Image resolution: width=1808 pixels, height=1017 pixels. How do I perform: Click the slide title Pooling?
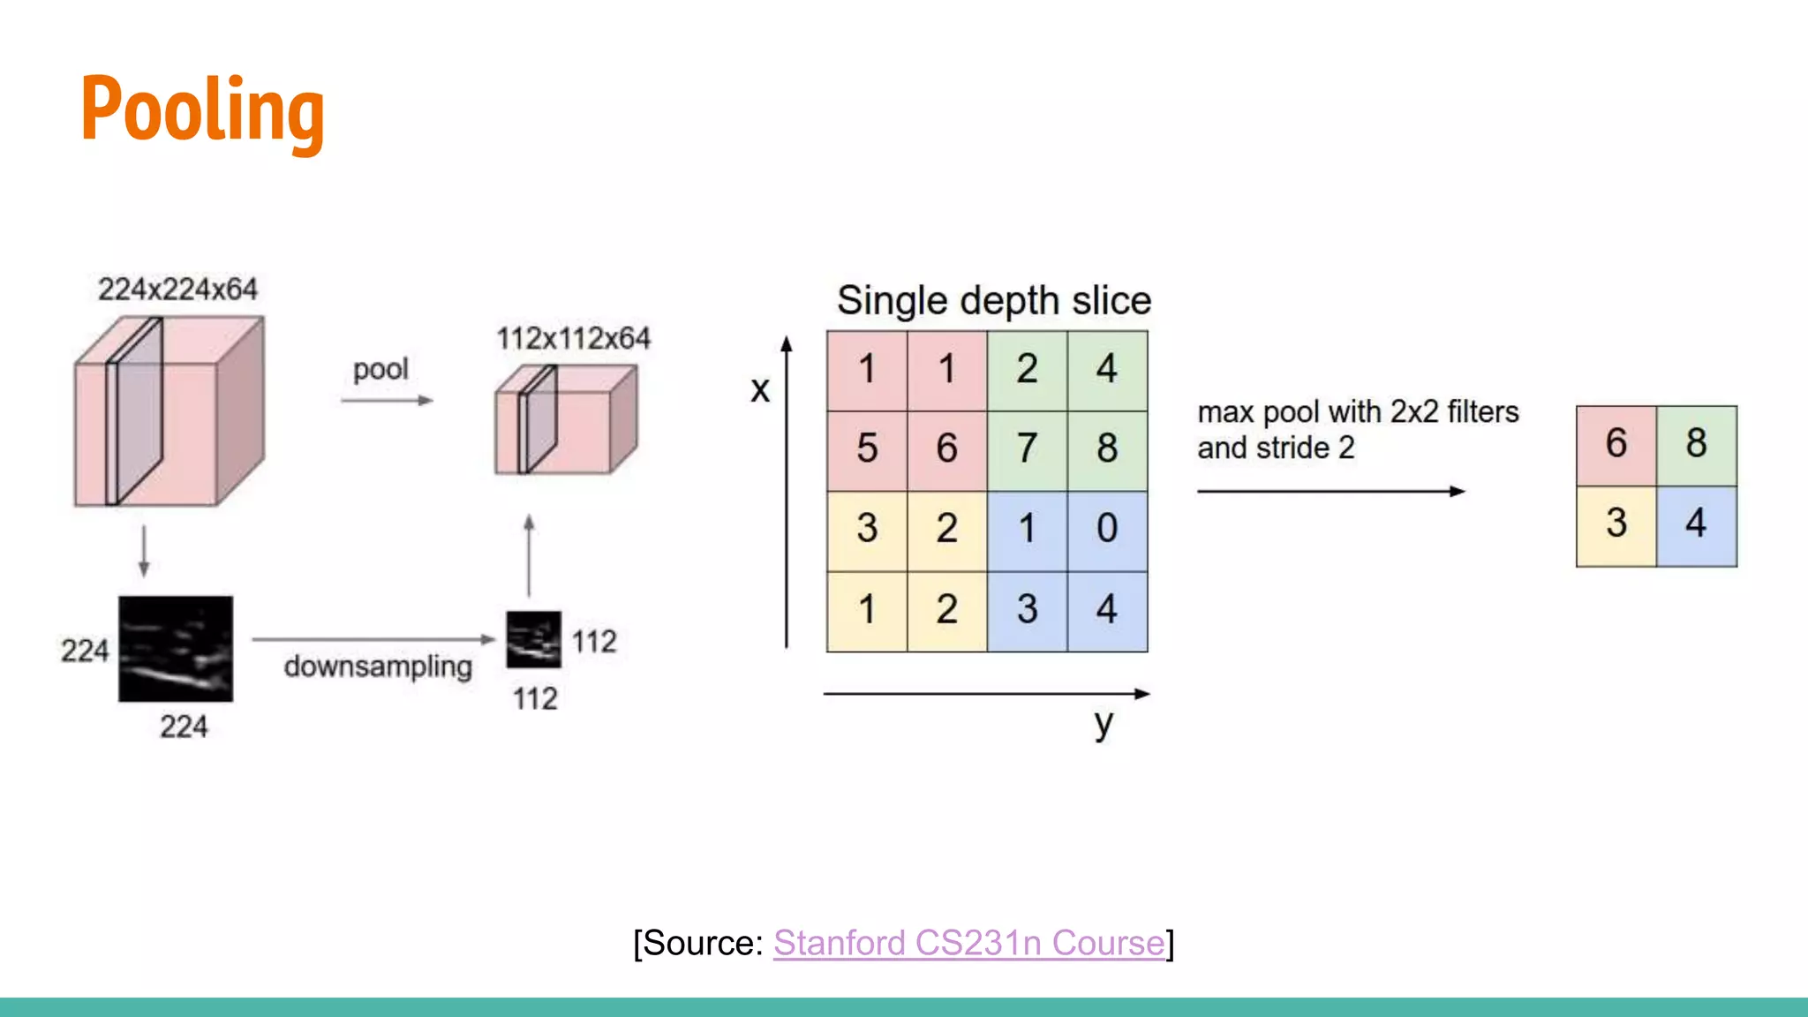202,110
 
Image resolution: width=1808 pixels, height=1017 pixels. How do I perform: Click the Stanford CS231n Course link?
968,943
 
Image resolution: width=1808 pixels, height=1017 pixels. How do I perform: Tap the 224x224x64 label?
177,290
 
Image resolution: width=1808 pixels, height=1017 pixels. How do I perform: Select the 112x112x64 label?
573,338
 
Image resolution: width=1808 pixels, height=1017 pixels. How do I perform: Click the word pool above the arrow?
380,369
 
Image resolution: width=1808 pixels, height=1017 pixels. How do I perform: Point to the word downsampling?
378,667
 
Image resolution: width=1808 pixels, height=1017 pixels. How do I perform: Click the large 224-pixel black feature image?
176,649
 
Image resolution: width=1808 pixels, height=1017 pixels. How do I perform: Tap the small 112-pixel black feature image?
533,639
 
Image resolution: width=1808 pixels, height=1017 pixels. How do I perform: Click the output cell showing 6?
1616,444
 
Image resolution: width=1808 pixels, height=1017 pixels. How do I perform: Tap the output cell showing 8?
1696,444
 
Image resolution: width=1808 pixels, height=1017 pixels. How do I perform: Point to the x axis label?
760,389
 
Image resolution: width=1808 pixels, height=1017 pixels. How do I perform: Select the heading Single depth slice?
994,301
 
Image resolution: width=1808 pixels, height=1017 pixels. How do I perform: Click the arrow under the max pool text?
1330,491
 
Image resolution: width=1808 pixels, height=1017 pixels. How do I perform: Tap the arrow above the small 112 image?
529,555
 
